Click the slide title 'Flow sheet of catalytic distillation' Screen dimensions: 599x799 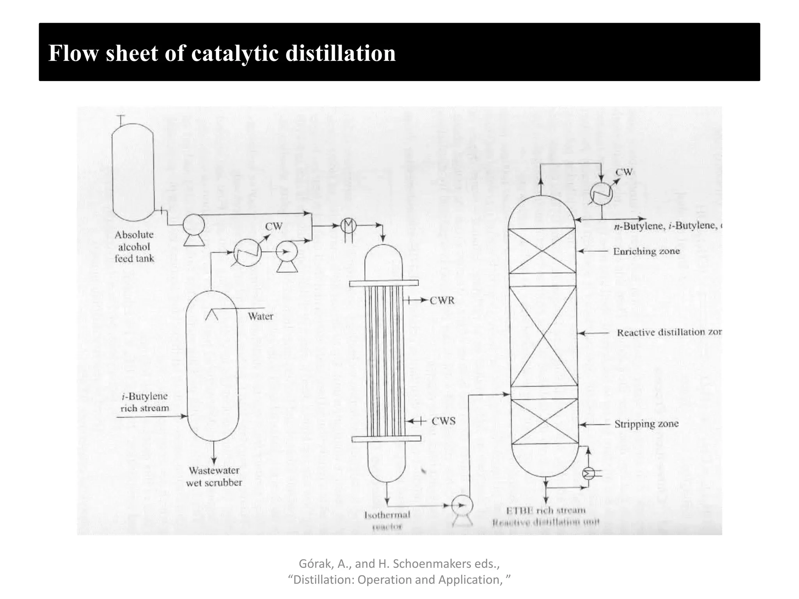tap(222, 53)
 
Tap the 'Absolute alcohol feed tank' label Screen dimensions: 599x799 tap(134, 246)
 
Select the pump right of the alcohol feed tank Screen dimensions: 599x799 tap(194, 225)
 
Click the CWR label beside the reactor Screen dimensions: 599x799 tap(442, 301)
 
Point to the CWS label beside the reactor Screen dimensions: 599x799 tap(444, 421)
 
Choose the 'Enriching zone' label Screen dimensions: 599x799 tap(646, 252)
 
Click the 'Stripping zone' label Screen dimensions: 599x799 tap(646, 424)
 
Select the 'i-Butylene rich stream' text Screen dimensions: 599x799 tap(144, 402)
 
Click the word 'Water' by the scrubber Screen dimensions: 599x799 tap(261, 316)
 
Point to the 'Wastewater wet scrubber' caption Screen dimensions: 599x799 tap(214, 477)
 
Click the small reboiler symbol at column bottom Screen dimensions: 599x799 tap(588, 474)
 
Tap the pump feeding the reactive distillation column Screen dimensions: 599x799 tap(462, 506)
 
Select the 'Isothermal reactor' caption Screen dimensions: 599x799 tap(387, 520)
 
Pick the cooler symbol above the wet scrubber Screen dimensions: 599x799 tap(247, 252)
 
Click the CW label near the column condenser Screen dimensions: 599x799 tap(624, 172)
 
